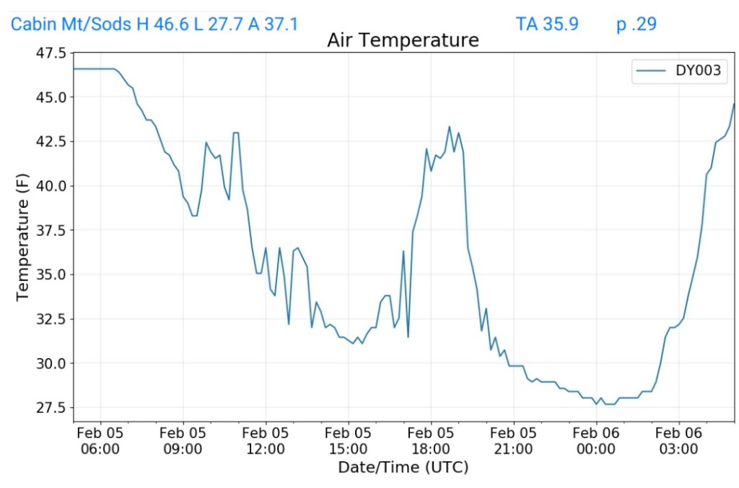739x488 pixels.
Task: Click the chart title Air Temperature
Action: point(403,40)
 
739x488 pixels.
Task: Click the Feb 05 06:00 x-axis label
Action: point(100,440)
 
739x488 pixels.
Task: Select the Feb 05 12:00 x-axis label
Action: point(266,440)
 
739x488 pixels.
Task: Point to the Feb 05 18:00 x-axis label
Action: point(431,440)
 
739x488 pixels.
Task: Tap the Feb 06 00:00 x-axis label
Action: point(596,440)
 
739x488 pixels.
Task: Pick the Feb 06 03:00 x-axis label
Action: point(679,440)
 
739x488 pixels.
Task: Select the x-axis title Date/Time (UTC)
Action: point(403,468)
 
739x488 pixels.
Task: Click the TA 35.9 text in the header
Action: point(547,24)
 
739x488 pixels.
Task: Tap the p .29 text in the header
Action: point(636,24)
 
